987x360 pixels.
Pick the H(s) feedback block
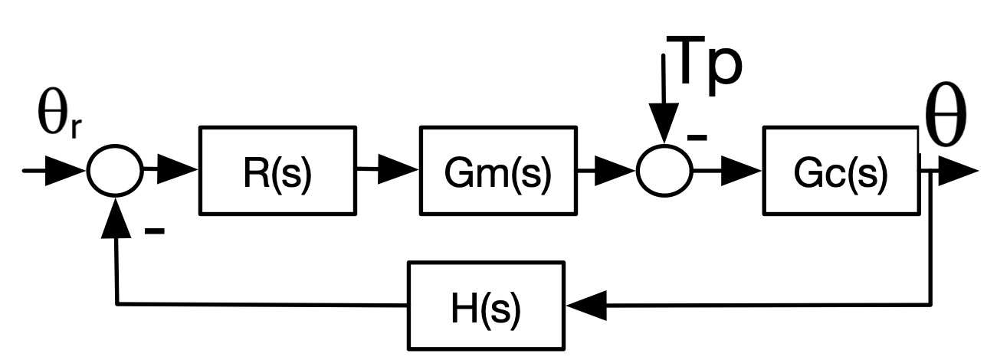(485, 305)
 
